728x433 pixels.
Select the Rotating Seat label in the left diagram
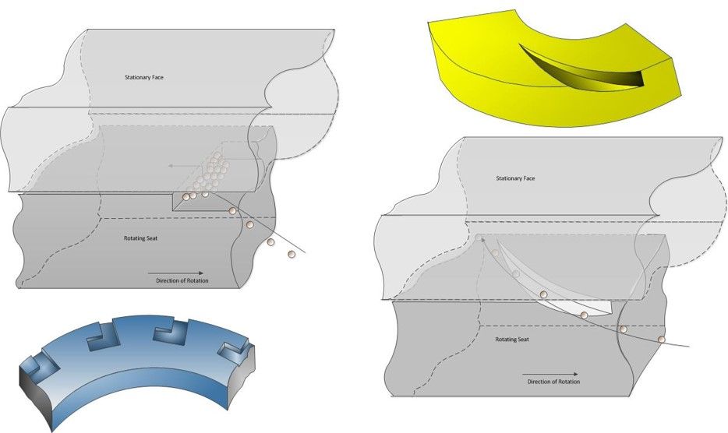click(x=142, y=238)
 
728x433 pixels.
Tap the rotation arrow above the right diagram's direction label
click(x=550, y=373)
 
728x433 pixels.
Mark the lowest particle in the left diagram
click(x=292, y=254)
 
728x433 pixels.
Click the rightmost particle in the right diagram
click(x=662, y=340)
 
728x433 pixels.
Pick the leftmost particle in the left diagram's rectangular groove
click(x=186, y=197)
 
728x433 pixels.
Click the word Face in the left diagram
click(x=157, y=78)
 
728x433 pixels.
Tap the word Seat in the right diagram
click(x=525, y=340)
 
